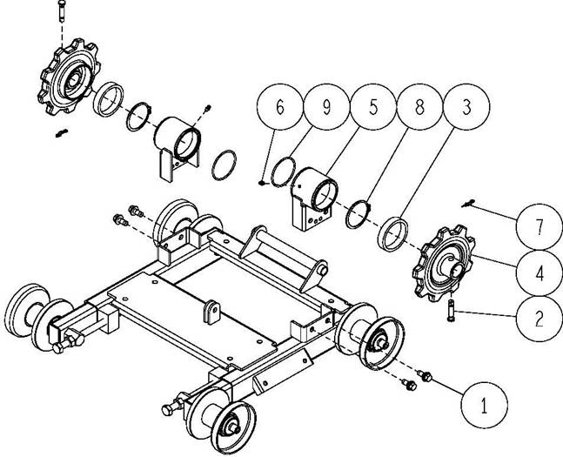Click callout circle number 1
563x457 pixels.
coord(484,405)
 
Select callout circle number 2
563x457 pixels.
coord(539,319)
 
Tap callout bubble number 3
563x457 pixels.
coord(466,107)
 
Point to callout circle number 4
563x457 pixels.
coord(539,273)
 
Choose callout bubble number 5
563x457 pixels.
coord(373,107)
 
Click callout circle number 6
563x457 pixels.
coord(280,107)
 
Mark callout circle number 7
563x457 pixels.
coord(539,227)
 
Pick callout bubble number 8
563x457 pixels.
coord(419,107)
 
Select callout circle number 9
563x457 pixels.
coord(326,107)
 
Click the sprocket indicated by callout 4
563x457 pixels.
coord(443,263)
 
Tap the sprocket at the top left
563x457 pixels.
coord(69,77)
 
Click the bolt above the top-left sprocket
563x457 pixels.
coord(61,10)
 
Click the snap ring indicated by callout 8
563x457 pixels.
coord(358,214)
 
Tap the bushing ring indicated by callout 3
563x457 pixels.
coord(392,235)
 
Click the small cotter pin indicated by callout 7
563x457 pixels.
coord(468,204)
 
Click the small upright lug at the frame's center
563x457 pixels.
coord(211,312)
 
